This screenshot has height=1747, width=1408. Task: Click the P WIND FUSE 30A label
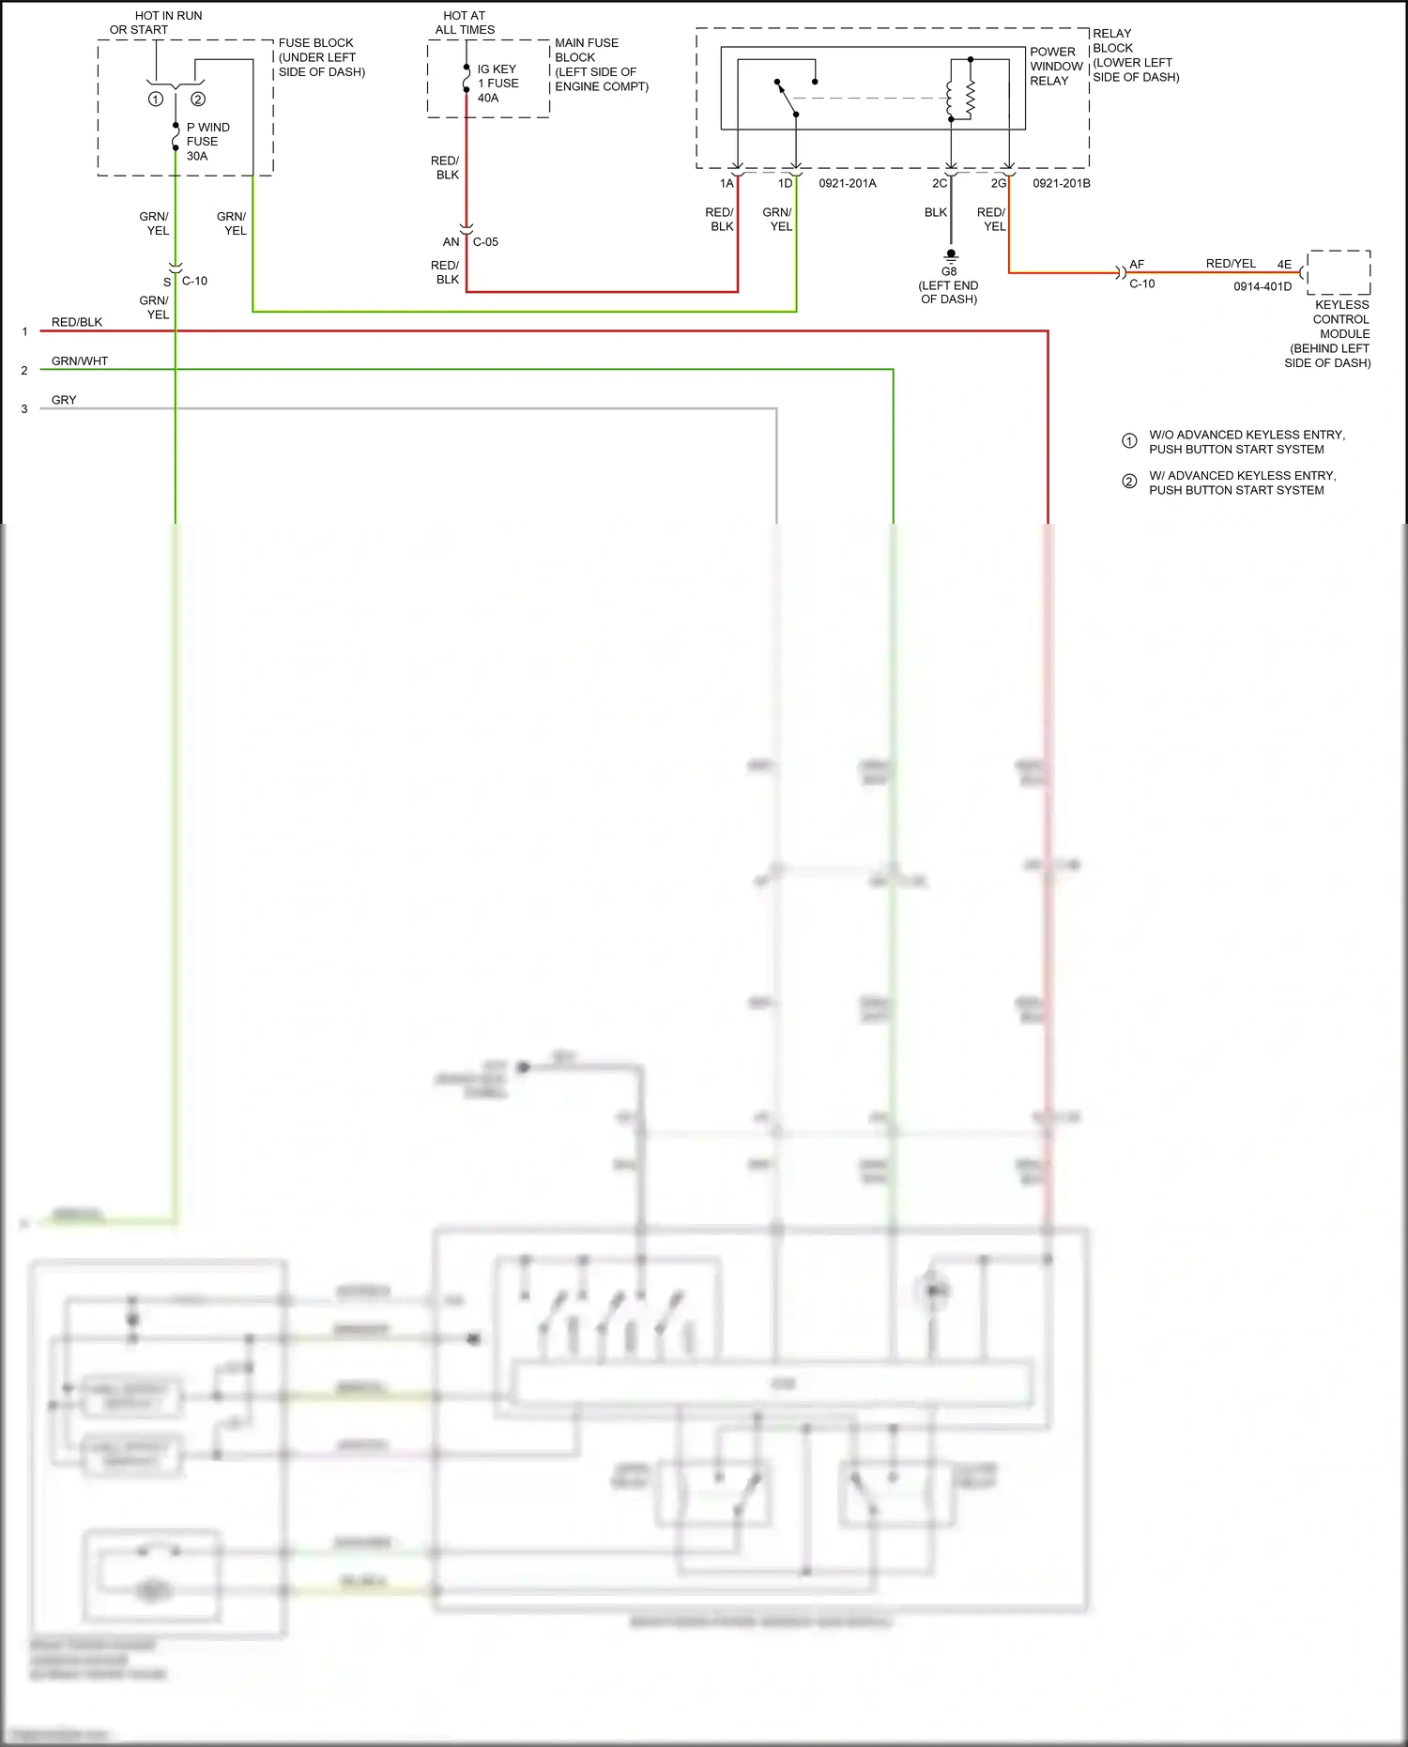click(x=207, y=142)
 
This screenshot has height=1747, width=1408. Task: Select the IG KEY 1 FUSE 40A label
click(x=497, y=84)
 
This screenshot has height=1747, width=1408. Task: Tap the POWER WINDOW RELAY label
click(x=1056, y=67)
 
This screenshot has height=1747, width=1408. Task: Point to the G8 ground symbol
click(x=951, y=255)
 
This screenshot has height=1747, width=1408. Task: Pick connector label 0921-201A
click(x=847, y=183)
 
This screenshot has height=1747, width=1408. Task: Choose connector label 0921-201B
click(x=1061, y=183)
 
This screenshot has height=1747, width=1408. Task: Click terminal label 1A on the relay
click(x=727, y=183)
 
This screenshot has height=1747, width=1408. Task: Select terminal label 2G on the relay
click(x=998, y=183)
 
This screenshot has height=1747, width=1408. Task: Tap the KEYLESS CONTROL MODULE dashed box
click(x=1339, y=272)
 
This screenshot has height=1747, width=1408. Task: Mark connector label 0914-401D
click(x=1262, y=286)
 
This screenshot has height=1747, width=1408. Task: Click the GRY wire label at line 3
click(x=64, y=400)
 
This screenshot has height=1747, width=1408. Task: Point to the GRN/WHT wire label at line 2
click(x=80, y=361)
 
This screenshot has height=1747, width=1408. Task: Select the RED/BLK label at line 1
click(x=77, y=322)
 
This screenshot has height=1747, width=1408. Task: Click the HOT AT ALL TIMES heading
click(x=465, y=23)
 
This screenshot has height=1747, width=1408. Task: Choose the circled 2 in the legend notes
click(x=1129, y=482)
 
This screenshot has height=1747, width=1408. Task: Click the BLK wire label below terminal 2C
click(x=935, y=212)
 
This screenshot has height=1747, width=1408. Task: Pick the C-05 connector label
click(x=485, y=242)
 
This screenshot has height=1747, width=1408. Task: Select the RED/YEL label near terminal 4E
click(x=1231, y=264)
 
